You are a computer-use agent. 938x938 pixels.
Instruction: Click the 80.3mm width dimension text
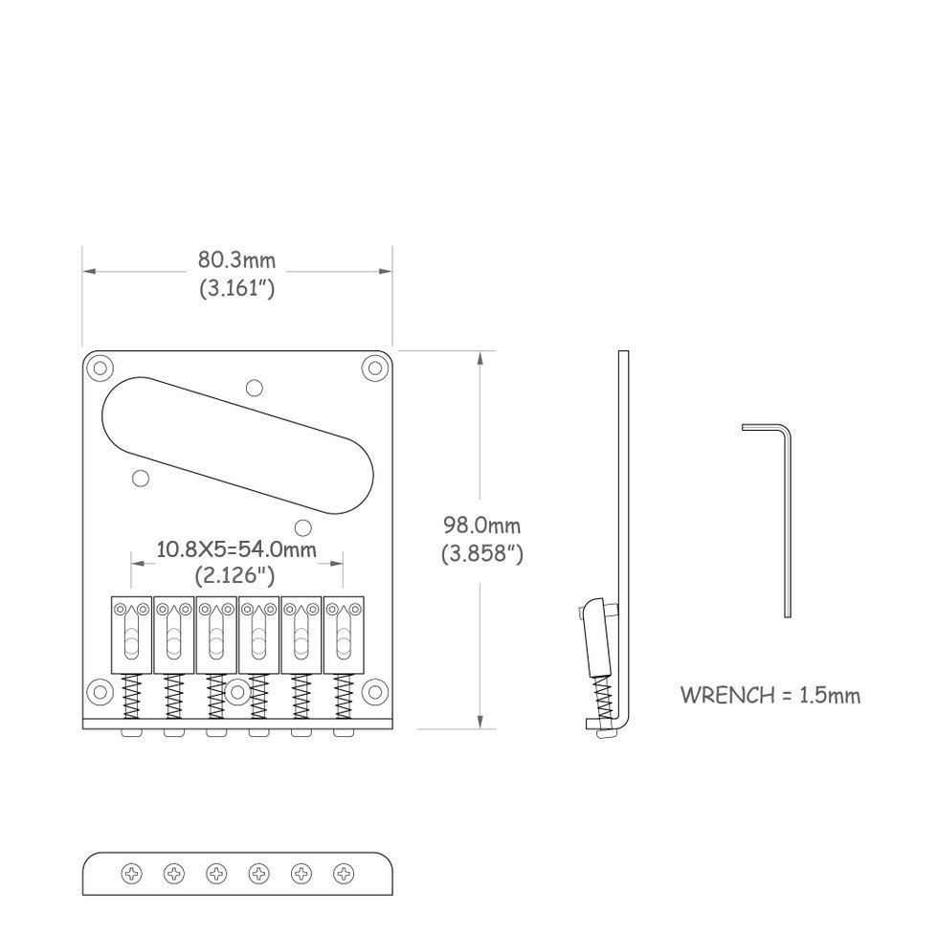(237, 260)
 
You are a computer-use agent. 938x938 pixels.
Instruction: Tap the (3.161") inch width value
(237, 288)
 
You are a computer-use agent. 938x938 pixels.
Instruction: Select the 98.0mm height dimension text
(481, 525)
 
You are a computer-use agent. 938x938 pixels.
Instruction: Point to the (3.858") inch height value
(482, 553)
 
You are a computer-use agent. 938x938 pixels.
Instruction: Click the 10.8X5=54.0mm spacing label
(236, 548)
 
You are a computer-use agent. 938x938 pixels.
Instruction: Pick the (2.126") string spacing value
(234, 575)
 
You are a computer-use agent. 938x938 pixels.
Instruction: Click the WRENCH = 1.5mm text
(770, 695)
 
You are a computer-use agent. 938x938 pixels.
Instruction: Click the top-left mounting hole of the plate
(100, 368)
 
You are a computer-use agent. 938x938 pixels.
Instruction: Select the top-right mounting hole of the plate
(375, 368)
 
